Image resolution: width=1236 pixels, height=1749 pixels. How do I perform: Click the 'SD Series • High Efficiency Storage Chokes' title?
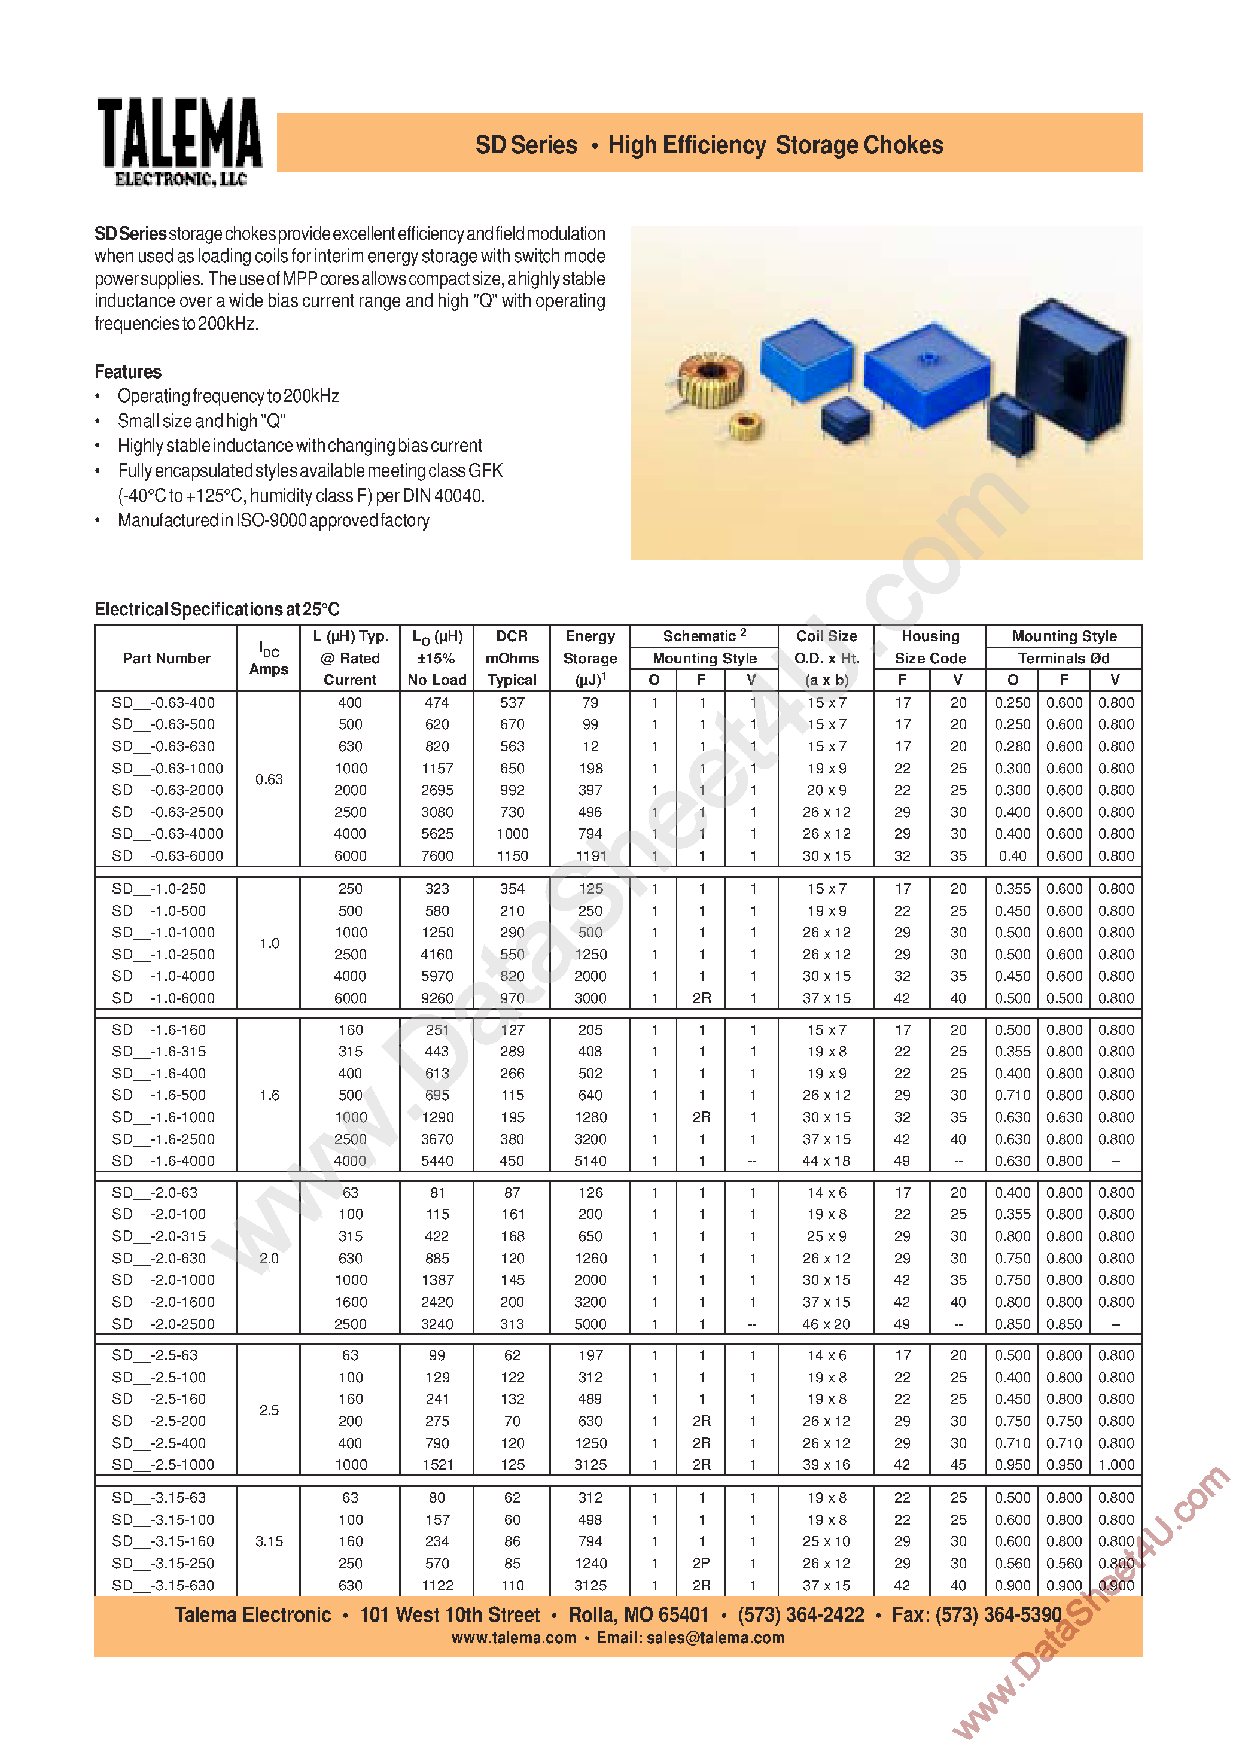(x=709, y=145)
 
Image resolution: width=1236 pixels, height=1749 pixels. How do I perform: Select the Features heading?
(x=128, y=371)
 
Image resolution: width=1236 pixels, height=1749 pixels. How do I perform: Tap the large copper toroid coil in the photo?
(x=708, y=379)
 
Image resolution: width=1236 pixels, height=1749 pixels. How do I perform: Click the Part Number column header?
(x=166, y=658)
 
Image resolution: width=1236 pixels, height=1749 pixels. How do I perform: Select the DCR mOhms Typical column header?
(x=512, y=658)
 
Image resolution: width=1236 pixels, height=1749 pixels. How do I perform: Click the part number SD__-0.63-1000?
(x=168, y=769)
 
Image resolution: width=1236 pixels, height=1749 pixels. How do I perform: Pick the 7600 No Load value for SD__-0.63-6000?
(x=437, y=856)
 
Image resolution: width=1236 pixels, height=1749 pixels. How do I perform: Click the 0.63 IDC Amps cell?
(x=269, y=779)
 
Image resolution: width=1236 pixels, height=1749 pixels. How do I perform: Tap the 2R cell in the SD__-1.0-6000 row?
(x=701, y=998)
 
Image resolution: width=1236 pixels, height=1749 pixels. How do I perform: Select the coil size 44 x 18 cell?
(x=826, y=1161)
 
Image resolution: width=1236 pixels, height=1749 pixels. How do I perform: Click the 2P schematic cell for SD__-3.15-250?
(x=701, y=1563)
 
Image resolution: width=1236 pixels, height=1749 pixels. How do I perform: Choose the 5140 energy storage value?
(x=590, y=1161)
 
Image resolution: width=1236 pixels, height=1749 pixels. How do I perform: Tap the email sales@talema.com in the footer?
(x=715, y=1638)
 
